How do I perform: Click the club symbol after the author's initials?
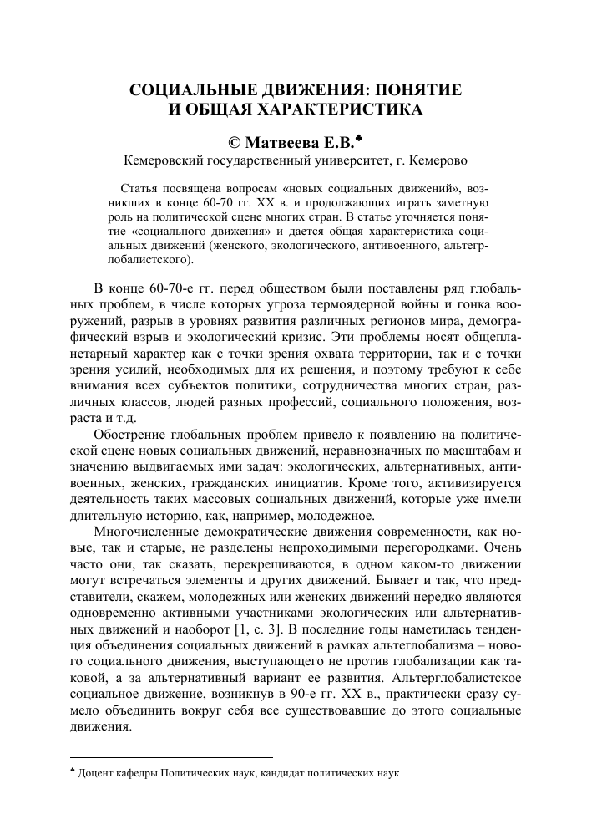pyautogui.click(x=372, y=137)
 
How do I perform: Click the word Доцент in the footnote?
pyautogui.click(x=95, y=774)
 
